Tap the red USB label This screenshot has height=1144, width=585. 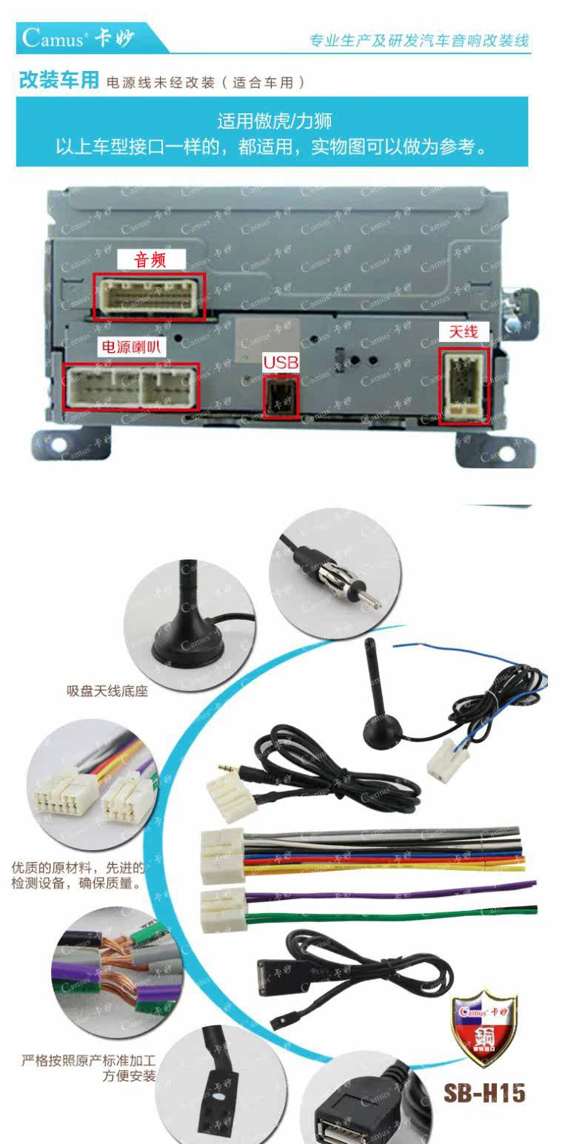(281, 362)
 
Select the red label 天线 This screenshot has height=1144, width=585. (464, 332)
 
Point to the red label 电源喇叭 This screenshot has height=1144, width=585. (133, 347)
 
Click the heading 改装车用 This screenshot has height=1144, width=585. (58, 80)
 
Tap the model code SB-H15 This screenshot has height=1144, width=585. (484, 1093)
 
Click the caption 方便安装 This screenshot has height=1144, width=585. (129, 1076)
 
